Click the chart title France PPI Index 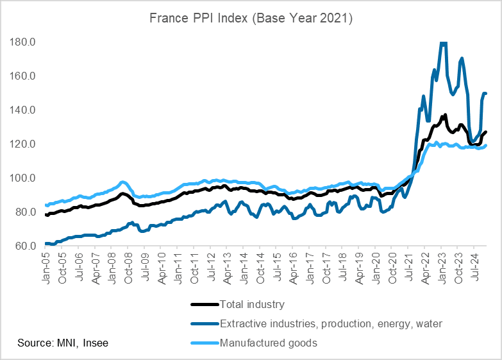[x=251, y=19]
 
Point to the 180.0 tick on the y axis [x=22, y=42]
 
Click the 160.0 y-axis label [x=22, y=76]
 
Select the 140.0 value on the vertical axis [x=22, y=110]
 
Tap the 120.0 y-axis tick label [x=22, y=144]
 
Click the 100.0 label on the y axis [x=22, y=178]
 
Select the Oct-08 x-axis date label [x=128, y=264]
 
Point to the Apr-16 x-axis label [x=294, y=264]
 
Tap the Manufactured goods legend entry [x=268, y=343]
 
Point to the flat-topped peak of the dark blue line [x=443, y=43]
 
